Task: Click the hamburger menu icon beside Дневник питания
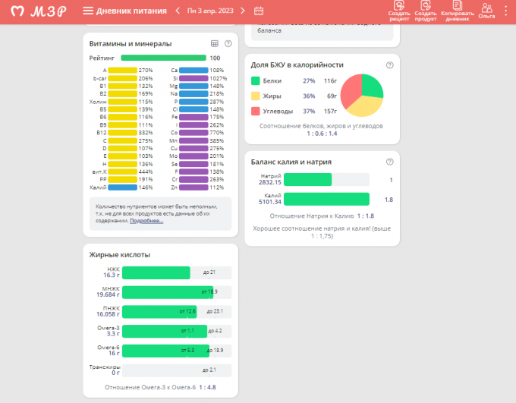(x=88, y=11)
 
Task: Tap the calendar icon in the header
(x=259, y=11)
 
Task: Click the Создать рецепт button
(x=399, y=10)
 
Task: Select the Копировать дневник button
(x=457, y=10)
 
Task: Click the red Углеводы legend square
(x=256, y=111)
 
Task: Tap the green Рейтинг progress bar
(x=163, y=58)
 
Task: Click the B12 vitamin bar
(x=122, y=133)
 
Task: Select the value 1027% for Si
(x=219, y=78)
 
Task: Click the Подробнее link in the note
(x=146, y=220)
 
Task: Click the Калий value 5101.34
(x=270, y=202)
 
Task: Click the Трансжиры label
(x=105, y=367)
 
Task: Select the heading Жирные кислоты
(x=120, y=254)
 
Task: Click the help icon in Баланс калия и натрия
(x=389, y=162)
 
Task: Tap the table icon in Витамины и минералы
(x=215, y=43)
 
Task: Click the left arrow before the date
(x=177, y=11)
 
